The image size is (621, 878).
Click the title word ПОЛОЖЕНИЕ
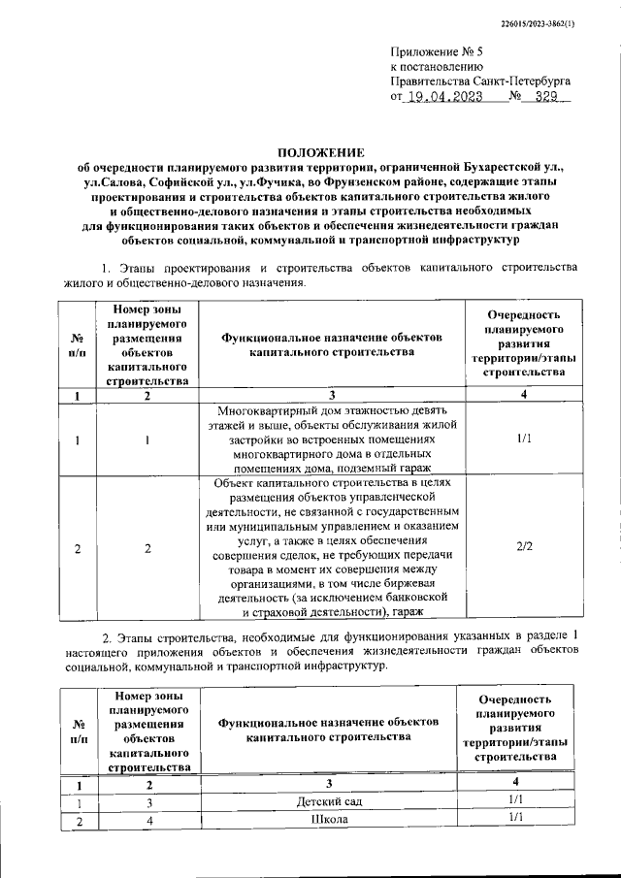(321, 152)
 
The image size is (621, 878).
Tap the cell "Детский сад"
(331, 799)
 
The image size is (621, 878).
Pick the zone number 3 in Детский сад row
(149, 800)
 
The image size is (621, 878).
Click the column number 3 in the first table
(331, 394)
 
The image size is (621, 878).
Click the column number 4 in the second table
(516, 782)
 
